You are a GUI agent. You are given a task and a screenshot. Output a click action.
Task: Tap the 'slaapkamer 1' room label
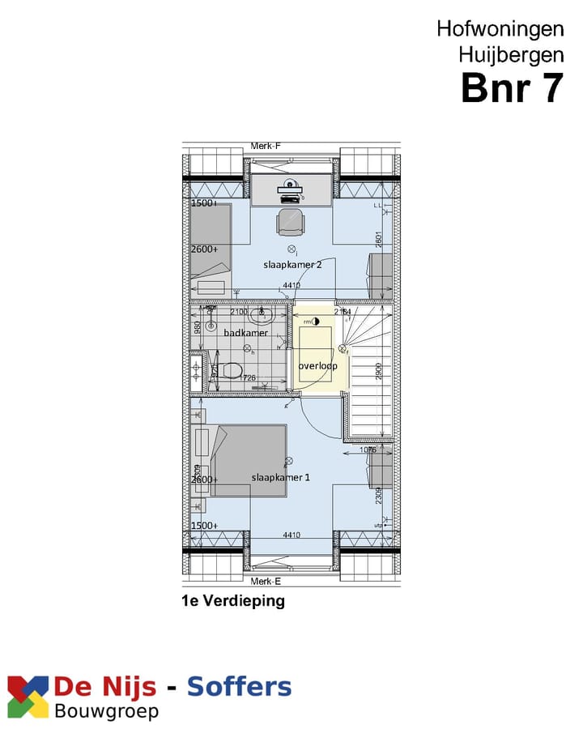280,477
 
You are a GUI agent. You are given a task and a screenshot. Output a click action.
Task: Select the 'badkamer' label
245,332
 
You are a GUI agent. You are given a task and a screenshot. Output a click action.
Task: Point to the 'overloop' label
317,366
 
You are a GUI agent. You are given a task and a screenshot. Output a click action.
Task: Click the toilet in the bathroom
230,372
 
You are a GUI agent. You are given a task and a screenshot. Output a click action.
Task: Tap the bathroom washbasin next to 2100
261,314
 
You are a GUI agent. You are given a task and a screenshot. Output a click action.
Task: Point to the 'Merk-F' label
265,146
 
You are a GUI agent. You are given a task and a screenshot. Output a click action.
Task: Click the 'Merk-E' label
265,582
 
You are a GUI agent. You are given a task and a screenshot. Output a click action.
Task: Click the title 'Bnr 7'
511,87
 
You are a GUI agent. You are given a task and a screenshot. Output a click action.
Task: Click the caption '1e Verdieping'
233,601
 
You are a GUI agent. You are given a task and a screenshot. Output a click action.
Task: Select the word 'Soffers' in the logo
239,688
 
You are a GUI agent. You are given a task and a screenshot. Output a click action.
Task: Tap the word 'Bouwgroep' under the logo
106,712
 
